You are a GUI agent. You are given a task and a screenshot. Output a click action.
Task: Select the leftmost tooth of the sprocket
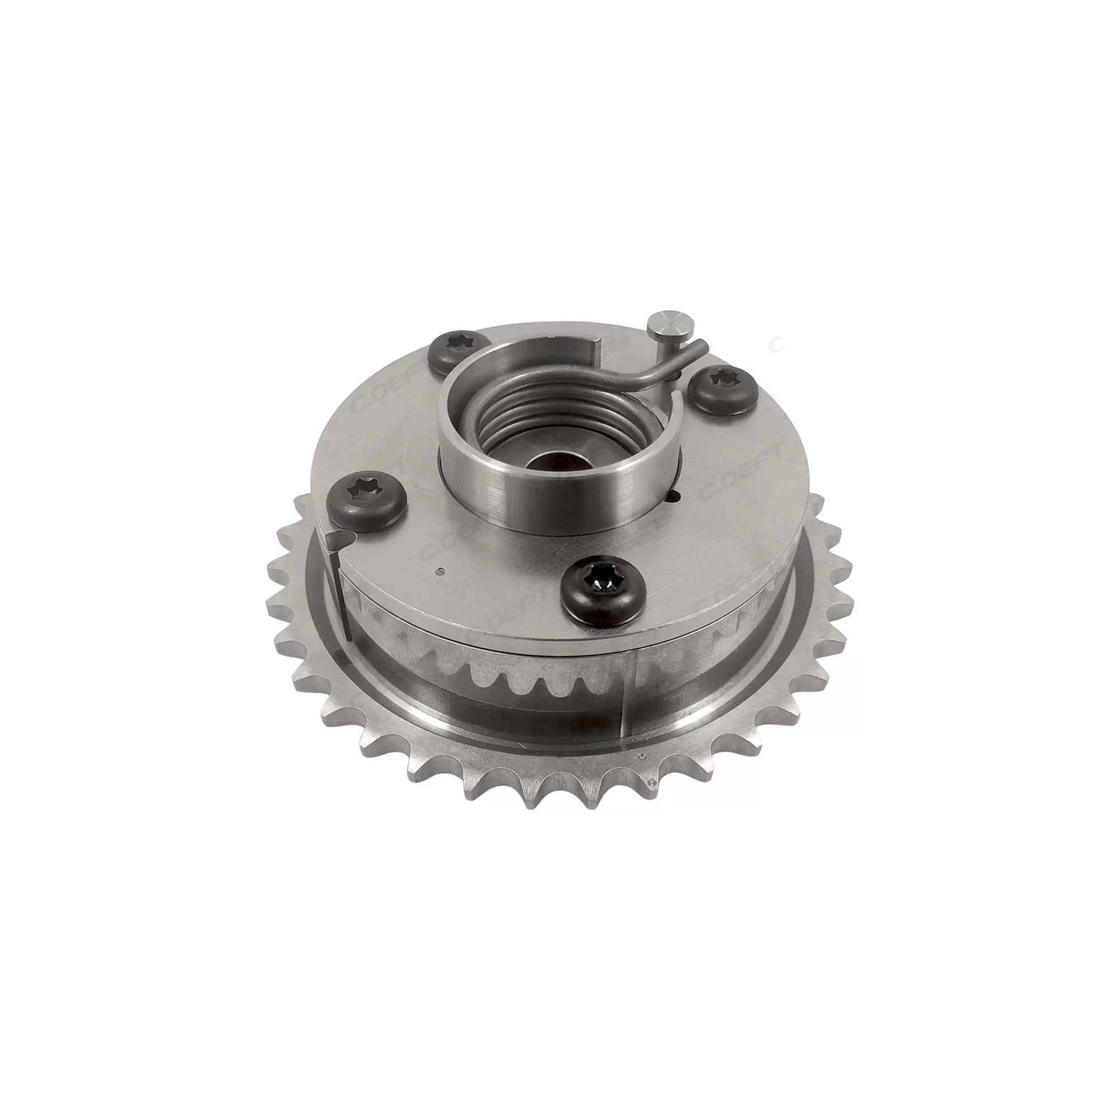click(271, 603)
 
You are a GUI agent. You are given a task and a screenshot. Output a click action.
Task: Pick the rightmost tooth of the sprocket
click(847, 603)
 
